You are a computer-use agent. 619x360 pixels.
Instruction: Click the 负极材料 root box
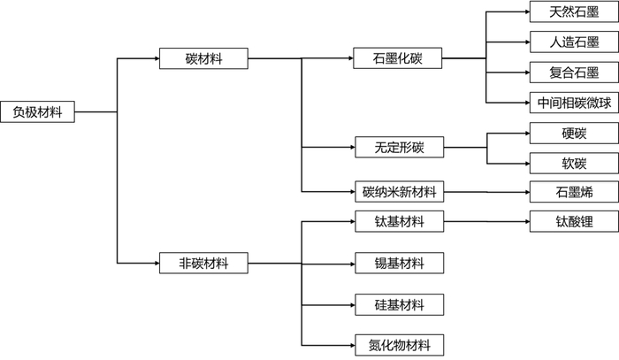point(37,112)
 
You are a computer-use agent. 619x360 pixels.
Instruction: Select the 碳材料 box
point(203,59)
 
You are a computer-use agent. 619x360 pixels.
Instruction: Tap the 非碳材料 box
point(203,263)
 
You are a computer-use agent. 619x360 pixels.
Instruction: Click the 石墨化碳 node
point(398,59)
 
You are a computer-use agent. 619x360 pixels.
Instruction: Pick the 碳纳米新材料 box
point(398,191)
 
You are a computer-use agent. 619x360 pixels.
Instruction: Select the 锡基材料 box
point(398,263)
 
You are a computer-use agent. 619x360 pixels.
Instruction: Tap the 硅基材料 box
point(398,305)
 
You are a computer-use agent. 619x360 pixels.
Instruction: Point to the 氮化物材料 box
point(398,345)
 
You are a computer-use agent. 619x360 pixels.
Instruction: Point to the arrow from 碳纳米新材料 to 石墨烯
point(485,191)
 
